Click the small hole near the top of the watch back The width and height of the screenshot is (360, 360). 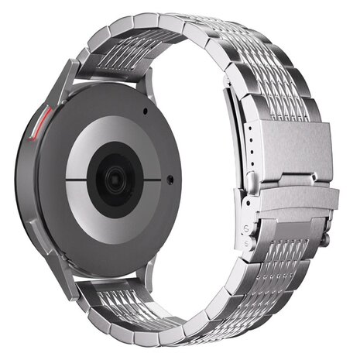pyautogui.click(x=145, y=110)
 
